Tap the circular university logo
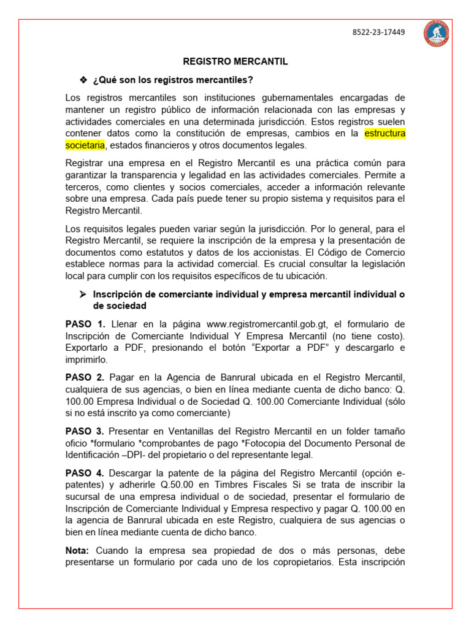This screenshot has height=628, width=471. click(x=435, y=33)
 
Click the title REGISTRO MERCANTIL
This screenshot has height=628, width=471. click(x=235, y=62)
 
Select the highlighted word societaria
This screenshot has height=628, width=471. click(x=85, y=145)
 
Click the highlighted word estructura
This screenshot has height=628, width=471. click(x=385, y=134)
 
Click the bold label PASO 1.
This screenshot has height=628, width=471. click(x=85, y=324)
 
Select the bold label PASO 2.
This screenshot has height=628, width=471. click(x=85, y=377)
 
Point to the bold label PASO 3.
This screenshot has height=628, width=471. click(x=85, y=431)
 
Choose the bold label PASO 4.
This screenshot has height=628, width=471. click(x=85, y=472)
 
